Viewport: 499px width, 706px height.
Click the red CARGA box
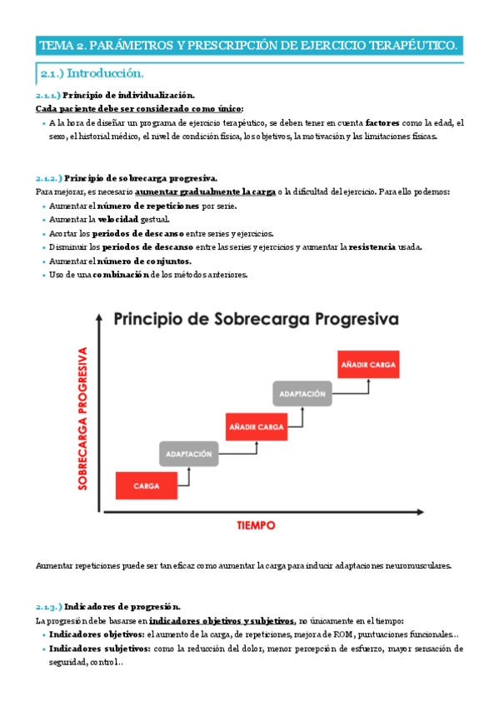146,485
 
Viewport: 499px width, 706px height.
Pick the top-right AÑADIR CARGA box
367,364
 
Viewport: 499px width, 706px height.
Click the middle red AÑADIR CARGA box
257,425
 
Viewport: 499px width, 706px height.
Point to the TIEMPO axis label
256,525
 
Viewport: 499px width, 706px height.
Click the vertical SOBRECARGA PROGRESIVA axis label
83,418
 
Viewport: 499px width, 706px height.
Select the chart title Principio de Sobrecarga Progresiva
256,319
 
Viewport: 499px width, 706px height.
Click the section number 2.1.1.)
48,96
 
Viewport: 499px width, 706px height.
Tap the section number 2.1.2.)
48,178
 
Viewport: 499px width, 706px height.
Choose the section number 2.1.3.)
48,607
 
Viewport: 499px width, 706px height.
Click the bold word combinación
121,275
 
